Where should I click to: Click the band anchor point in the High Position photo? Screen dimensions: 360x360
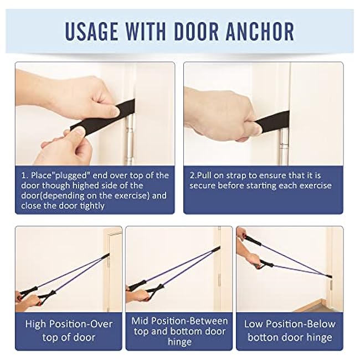click(108, 256)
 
